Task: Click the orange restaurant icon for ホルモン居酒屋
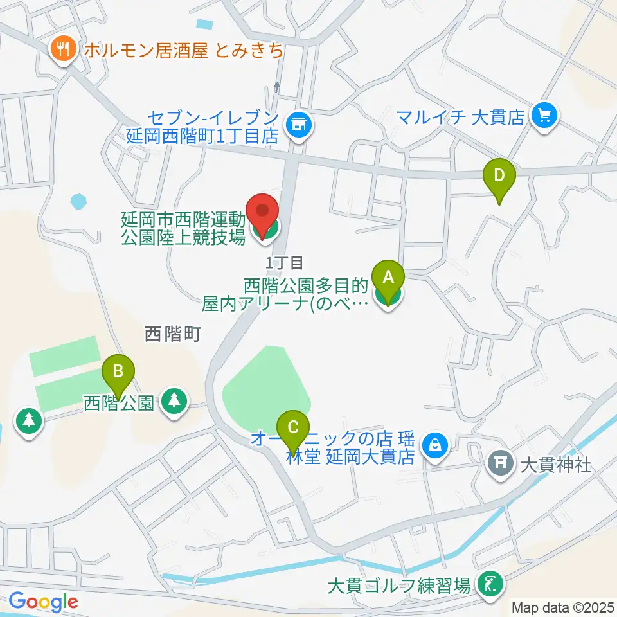[62, 49]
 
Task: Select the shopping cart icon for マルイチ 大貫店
[545, 116]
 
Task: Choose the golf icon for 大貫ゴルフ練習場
[491, 585]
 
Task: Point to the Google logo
[43, 601]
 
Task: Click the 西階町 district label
[173, 334]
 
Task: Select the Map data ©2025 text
[563, 607]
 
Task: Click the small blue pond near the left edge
[78, 201]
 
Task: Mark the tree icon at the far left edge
[28, 422]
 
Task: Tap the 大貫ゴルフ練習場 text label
[399, 586]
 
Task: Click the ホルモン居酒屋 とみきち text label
[182, 50]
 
